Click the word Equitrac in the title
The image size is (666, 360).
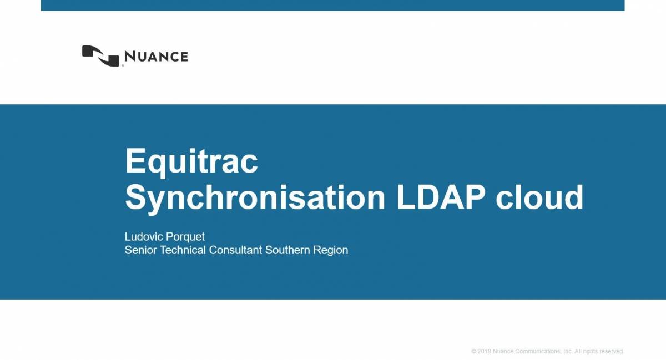tap(191, 161)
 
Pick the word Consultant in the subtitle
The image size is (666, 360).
tap(235, 250)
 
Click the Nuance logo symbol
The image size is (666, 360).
tap(101, 55)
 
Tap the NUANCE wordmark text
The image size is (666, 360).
tap(156, 57)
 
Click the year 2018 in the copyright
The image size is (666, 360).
tap(484, 352)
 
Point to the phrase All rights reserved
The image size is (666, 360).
tap(599, 352)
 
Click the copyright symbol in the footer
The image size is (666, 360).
tap(474, 352)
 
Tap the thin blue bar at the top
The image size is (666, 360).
tap(332, 5)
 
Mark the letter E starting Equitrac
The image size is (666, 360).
tap(135, 161)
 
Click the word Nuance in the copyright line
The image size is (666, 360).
tap(504, 352)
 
